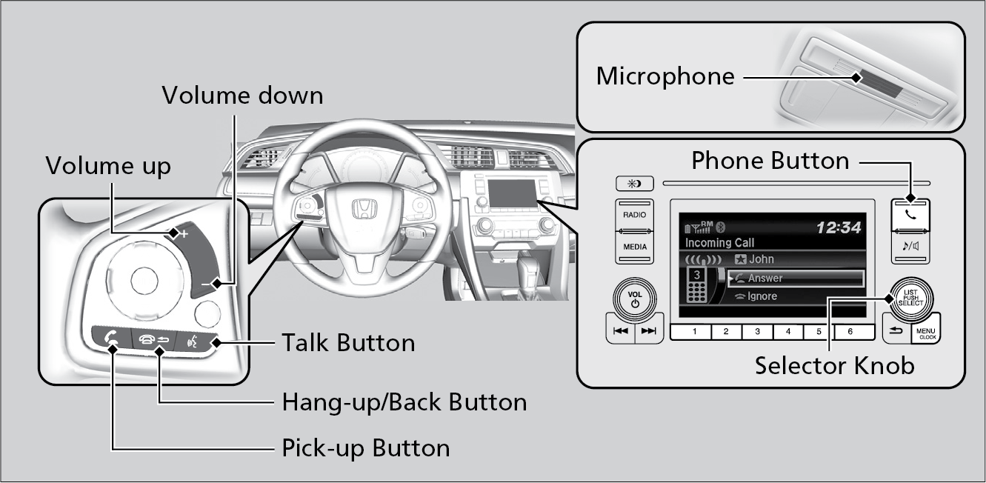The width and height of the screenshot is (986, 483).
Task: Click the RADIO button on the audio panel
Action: coord(634,215)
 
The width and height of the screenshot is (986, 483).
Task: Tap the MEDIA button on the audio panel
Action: coord(634,247)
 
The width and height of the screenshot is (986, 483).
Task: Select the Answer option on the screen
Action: coord(765,279)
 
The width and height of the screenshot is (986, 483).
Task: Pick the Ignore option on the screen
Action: coord(762,296)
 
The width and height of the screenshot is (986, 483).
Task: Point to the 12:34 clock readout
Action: coord(839,228)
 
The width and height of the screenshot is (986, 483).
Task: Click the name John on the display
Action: coord(762,259)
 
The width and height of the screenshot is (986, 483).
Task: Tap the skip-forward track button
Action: coord(649,331)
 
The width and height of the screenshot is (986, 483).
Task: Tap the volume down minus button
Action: coord(214,283)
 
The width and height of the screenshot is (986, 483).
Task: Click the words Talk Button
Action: coord(348,343)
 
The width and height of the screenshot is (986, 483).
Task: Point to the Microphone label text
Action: coord(665,76)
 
